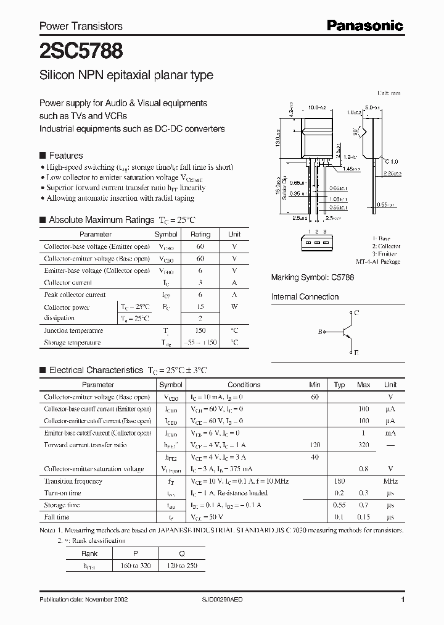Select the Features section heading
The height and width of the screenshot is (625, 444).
point(65,156)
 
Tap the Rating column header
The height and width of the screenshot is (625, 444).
point(200,235)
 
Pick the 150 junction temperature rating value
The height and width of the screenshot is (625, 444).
point(200,330)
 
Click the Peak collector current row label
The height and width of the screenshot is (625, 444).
point(75,295)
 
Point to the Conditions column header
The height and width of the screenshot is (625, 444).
point(244,385)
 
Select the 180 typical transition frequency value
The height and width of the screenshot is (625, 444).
point(339,481)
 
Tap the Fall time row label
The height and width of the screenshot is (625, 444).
point(57,517)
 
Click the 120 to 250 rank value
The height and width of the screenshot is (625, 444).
point(182,565)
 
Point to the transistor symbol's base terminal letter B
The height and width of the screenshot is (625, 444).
point(320,332)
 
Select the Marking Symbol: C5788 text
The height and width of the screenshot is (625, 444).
point(313,279)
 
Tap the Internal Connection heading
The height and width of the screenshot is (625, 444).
point(305,297)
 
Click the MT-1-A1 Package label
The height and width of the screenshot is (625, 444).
point(378,262)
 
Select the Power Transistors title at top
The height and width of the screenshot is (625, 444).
point(81,26)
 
